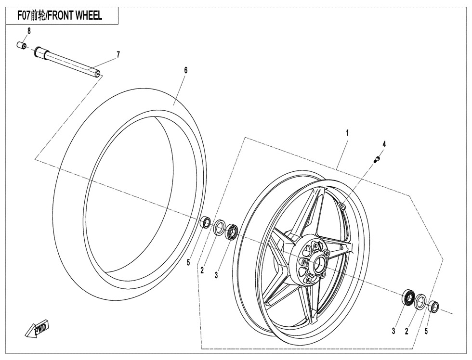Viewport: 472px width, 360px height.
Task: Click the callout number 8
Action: [29, 31]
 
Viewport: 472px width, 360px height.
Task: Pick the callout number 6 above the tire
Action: [185, 70]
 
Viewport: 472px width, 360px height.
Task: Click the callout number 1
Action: [347, 131]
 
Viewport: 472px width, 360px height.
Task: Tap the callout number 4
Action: [384, 144]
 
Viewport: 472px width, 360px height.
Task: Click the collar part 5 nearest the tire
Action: [206, 222]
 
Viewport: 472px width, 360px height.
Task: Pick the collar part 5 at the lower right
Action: [433, 306]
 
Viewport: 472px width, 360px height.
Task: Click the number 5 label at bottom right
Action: [426, 331]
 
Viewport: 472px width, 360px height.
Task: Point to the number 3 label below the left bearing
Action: [217, 276]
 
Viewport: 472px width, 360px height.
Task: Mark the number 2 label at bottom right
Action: [407, 331]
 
